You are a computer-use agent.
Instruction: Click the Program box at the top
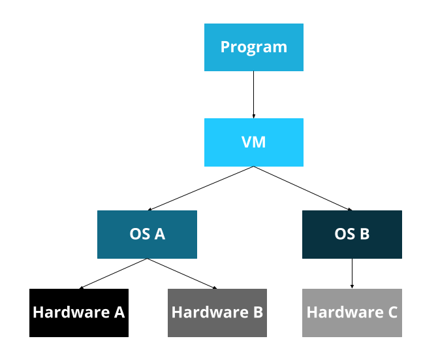click(x=253, y=47)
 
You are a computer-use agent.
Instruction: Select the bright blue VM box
click(x=253, y=142)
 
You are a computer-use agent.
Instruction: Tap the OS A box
click(x=147, y=235)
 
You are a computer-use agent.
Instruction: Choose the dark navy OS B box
click(x=352, y=235)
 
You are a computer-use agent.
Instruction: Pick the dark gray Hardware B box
click(x=217, y=313)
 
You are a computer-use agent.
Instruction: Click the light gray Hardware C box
click(x=352, y=313)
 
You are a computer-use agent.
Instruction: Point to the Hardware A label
click(x=78, y=312)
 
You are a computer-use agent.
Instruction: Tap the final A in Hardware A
click(x=119, y=312)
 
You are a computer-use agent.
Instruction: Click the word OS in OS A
click(x=140, y=234)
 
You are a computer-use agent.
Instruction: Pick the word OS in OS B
click(x=344, y=234)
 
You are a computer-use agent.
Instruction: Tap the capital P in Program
click(x=225, y=47)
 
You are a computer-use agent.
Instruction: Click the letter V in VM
click(x=246, y=142)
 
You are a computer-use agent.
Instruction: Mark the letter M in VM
click(x=259, y=142)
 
